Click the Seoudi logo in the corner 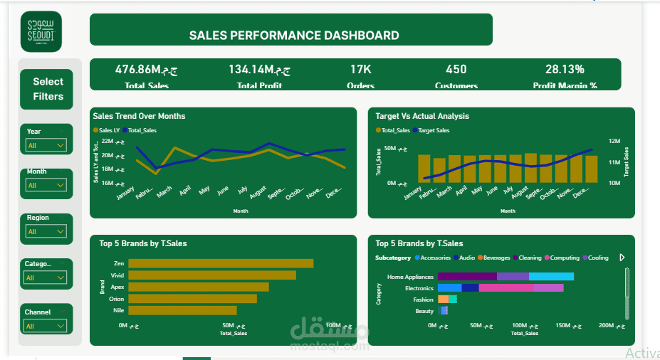click(x=41, y=31)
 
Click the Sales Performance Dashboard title click(x=293, y=35)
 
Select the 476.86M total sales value click(x=146, y=69)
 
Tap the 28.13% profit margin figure click(x=565, y=69)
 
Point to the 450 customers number click(x=456, y=69)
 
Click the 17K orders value click(x=360, y=69)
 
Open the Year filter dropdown click(x=46, y=145)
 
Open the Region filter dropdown click(x=46, y=231)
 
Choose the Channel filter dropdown click(x=46, y=326)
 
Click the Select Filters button click(x=48, y=89)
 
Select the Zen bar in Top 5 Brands click(x=221, y=263)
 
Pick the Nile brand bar click(x=182, y=310)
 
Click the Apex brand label click(x=117, y=287)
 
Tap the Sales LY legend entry click(x=107, y=130)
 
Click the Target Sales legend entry click(x=431, y=130)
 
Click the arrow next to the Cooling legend click(x=622, y=258)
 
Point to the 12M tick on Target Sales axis click(x=614, y=141)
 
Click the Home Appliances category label click(x=410, y=276)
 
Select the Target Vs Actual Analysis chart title click(x=422, y=116)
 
